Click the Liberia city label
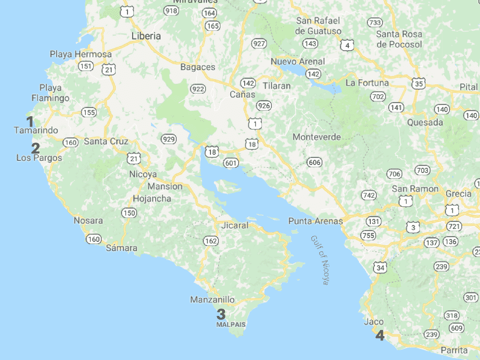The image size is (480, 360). (146, 36)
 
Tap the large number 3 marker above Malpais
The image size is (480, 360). (221, 315)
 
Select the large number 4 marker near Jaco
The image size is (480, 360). (379, 336)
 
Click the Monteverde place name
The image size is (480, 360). (316, 137)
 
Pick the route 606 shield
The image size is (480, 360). (315, 162)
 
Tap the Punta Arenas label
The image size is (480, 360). (315, 221)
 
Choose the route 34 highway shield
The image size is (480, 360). (380, 268)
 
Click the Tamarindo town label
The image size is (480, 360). (36, 130)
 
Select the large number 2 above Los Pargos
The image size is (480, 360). (36, 148)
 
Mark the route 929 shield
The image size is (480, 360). (168, 139)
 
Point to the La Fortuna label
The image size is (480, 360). (367, 83)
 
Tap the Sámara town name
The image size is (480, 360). (121, 247)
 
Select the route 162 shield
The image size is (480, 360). (211, 241)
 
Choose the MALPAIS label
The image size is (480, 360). (231, 324)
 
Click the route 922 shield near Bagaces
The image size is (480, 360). (198, 89)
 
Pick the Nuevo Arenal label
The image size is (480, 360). (298, 61)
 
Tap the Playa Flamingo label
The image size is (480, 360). (51, 93)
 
